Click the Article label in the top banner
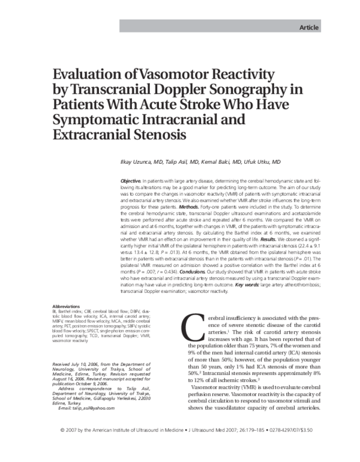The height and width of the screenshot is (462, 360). click(x=309, y=28)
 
